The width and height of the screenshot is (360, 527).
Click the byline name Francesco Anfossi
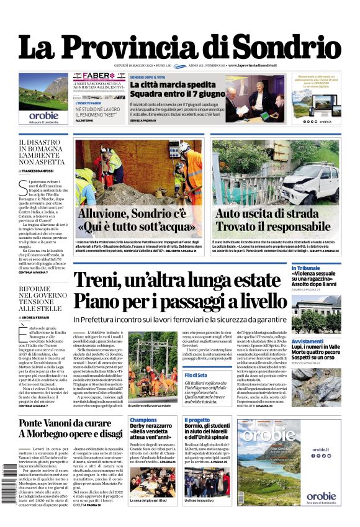tap(38, 170)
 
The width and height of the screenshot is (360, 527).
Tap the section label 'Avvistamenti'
tap(307, 341)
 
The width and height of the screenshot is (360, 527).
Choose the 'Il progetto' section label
tap(197, 420)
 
